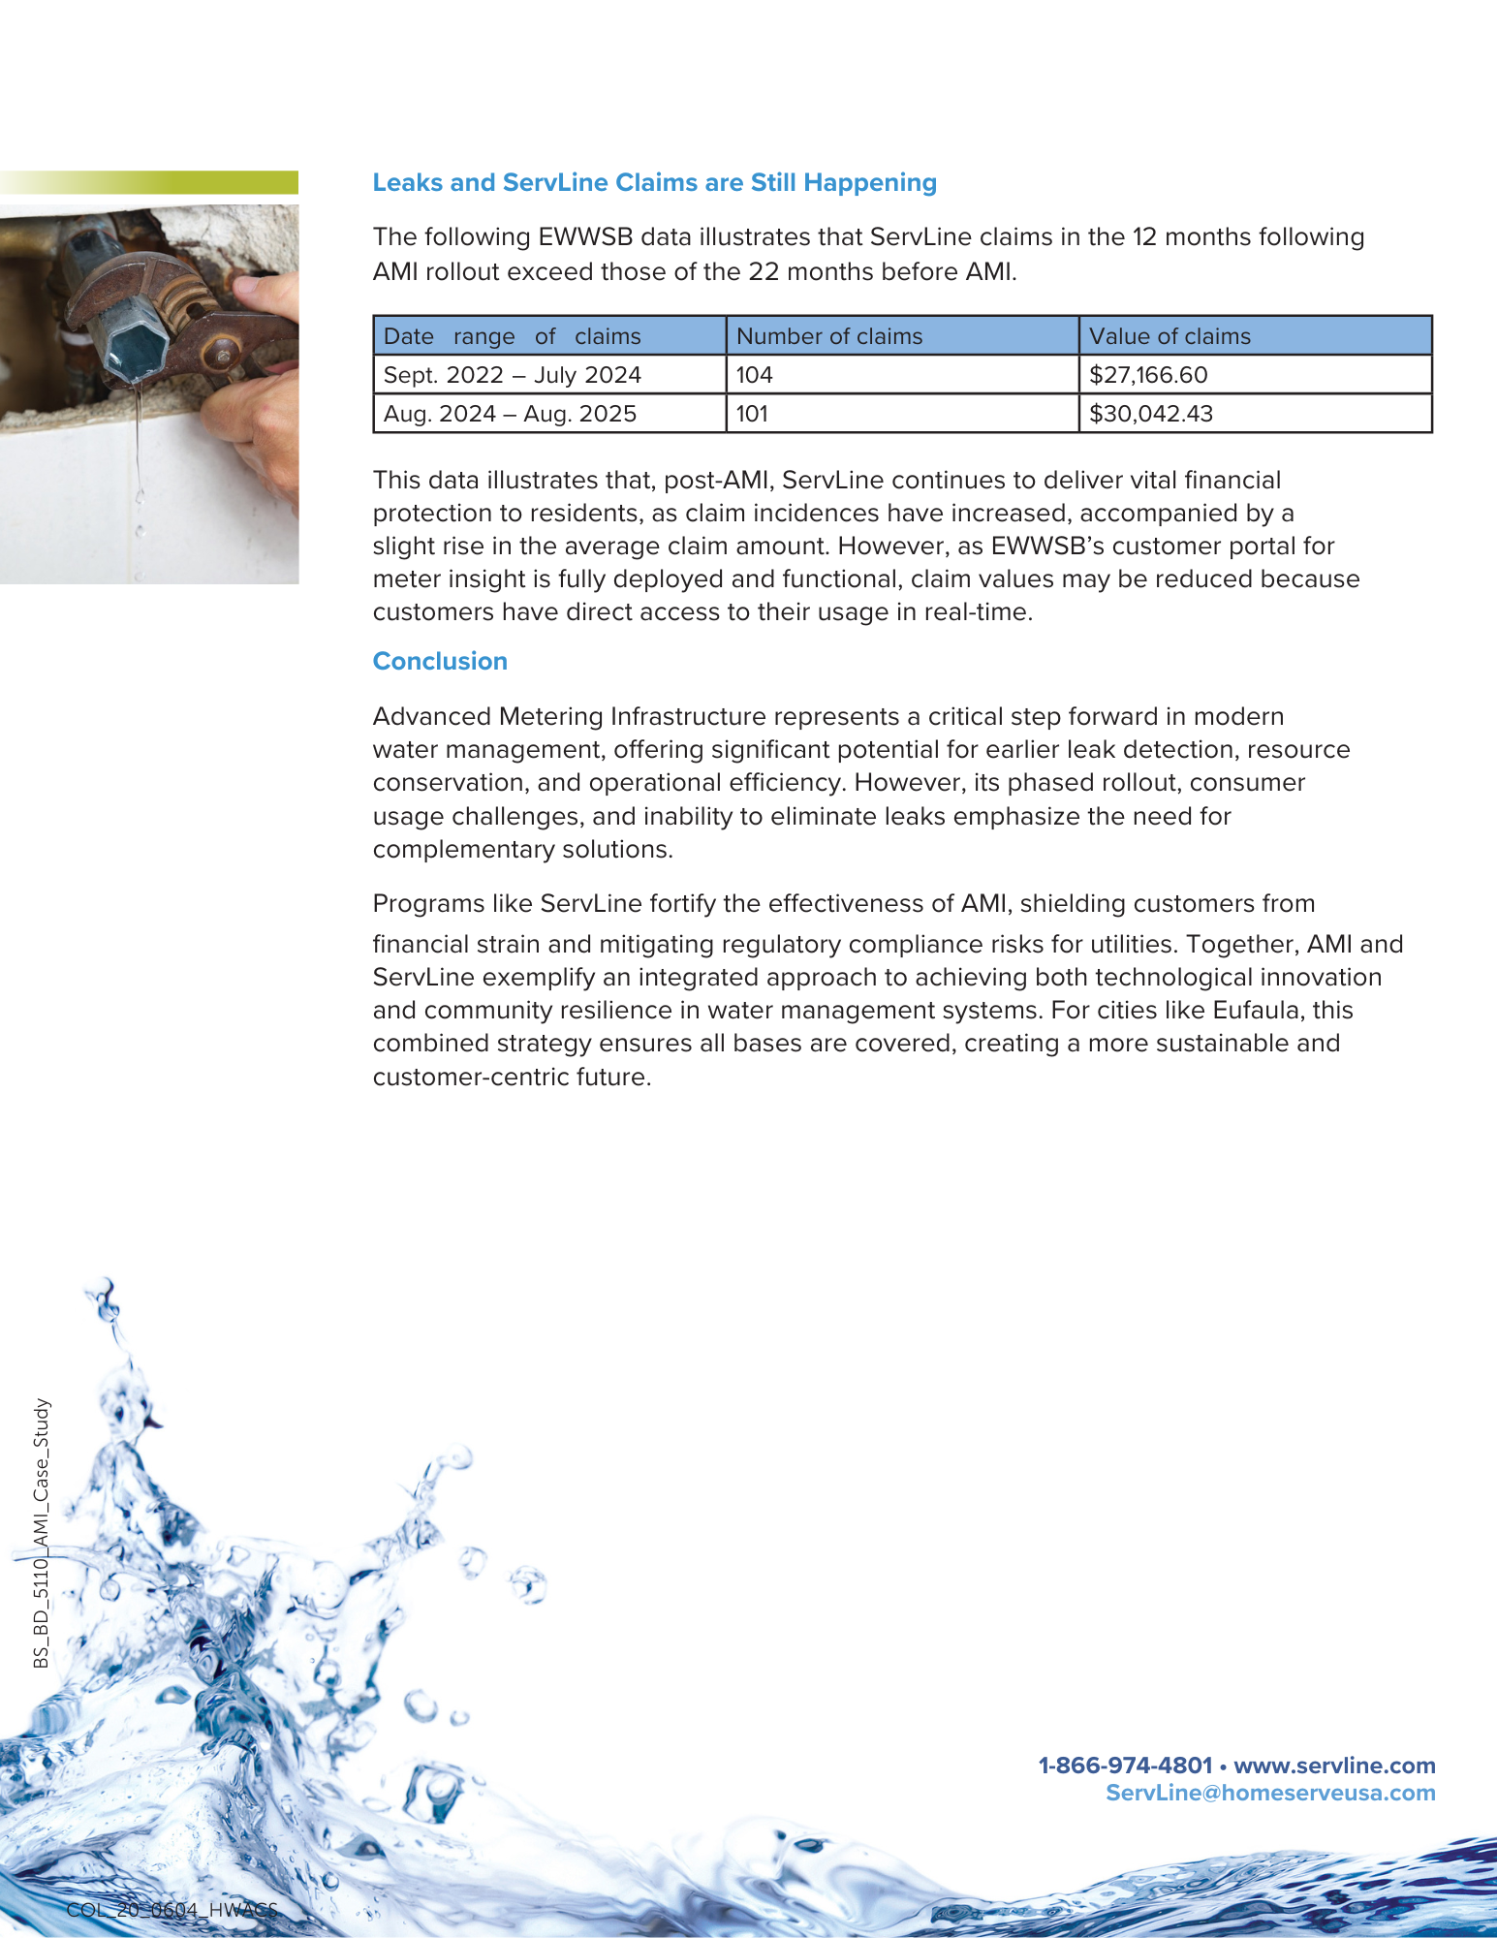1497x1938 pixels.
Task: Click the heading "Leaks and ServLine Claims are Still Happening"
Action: click(x=654, y=183)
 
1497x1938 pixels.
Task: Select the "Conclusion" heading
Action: click(x=440, y=662)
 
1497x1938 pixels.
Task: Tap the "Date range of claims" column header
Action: click(x=512, y=336)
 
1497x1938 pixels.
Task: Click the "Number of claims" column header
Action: click(x=829, y=336)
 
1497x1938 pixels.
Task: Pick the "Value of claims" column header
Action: click(x=1170, y=336)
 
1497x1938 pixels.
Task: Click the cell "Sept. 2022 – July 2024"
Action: click(x=512, y=375)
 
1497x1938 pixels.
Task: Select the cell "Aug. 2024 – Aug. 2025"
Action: click(x=510, y=414)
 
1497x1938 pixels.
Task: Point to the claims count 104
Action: click(x=754, y=375)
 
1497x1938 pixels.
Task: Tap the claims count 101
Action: click(x=752, y=414)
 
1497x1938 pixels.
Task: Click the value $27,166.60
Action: click(x=1148, y=375)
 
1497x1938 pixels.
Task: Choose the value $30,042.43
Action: click(x=1151, y=414)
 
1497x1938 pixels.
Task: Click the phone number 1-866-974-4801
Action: click(x=1125, y=1766)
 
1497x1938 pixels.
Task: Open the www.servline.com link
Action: click(x=1334, y=1766)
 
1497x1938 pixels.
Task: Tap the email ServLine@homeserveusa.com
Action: click(x=1270, y=1793)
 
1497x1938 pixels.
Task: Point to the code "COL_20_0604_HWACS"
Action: click(x=172, y=1910)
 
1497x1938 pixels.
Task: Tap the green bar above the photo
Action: click(x=149, y=183)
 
